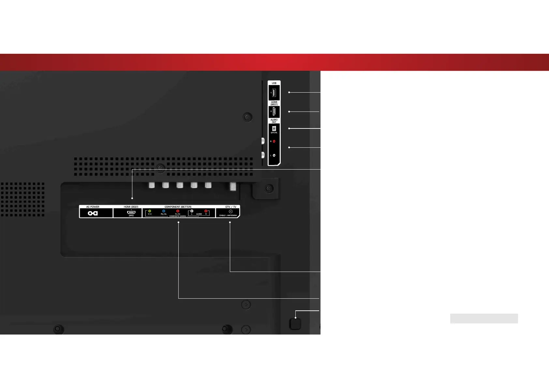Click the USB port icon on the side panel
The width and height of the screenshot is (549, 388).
tap(274, 93)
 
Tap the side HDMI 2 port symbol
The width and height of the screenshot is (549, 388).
tap(274, 112)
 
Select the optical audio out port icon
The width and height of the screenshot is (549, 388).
tap(274, 128)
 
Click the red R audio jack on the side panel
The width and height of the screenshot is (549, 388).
tap(274, 141)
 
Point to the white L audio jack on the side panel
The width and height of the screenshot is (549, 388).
tap(274, 155)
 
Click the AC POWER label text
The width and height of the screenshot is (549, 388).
tap(93, 207)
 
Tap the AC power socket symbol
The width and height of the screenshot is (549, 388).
tap(93, 213)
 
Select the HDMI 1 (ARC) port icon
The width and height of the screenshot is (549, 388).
tap(131, 212)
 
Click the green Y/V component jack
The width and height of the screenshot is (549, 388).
tap(150, 211)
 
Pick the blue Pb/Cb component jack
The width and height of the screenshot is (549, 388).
tap(164, 211)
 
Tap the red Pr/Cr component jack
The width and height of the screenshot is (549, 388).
tap(178, 211)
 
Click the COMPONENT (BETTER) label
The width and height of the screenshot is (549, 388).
tap(178, 207)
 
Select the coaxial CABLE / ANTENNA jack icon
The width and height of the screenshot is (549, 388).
tap(230, 211)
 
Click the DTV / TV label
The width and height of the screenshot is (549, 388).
tap(230, 207)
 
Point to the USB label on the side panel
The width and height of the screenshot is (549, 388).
tap(274, 83)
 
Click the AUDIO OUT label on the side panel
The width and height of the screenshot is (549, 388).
tap(274, 121)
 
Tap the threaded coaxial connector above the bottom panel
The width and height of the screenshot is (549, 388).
tap(233, 186)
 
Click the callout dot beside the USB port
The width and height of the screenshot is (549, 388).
tap(289, 92)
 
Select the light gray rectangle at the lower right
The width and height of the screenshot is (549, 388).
tap(484, 319)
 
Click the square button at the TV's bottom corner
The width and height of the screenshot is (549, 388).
tap(295, 324)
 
